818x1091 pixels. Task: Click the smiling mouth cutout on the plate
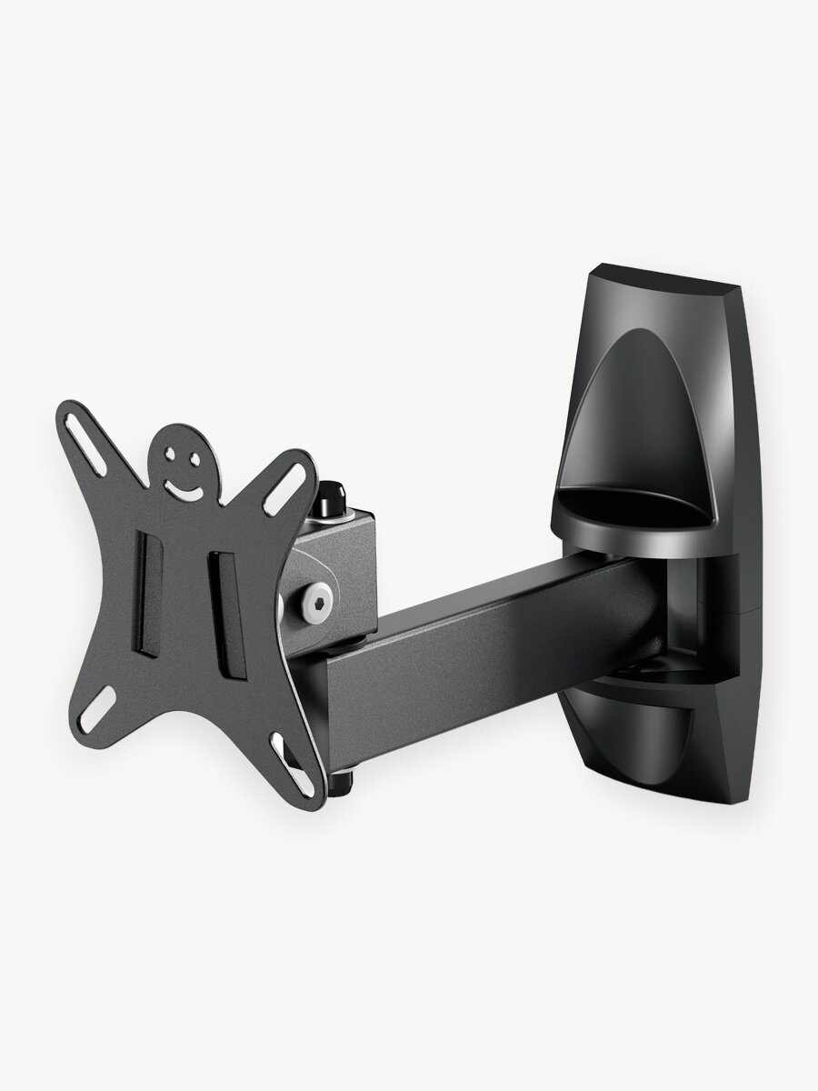click(x=186, y=488)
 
